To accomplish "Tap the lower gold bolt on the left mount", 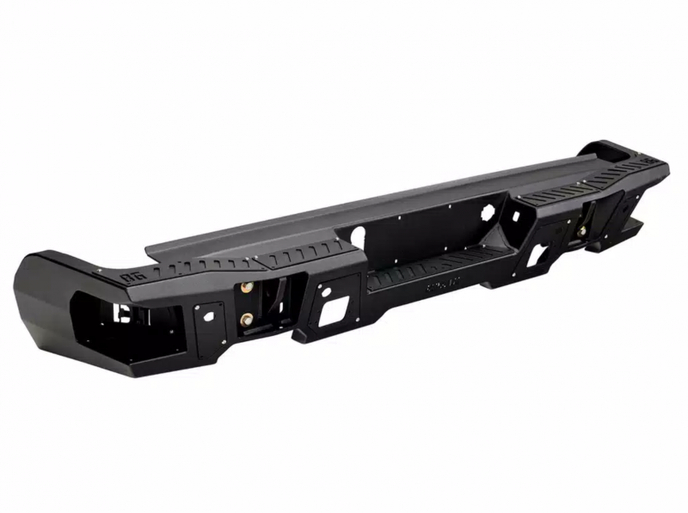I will pyautogui.click(x=247, y=319).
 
